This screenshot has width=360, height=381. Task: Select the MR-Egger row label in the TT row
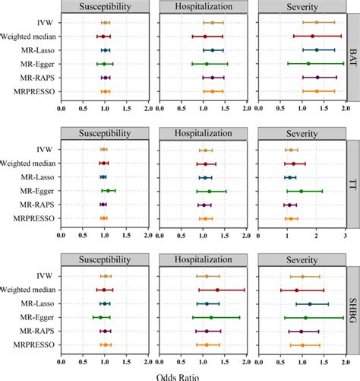coord(36,191)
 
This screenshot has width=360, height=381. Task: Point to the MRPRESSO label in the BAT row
coord(35,90)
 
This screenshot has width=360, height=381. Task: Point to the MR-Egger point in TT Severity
coord(301,191)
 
